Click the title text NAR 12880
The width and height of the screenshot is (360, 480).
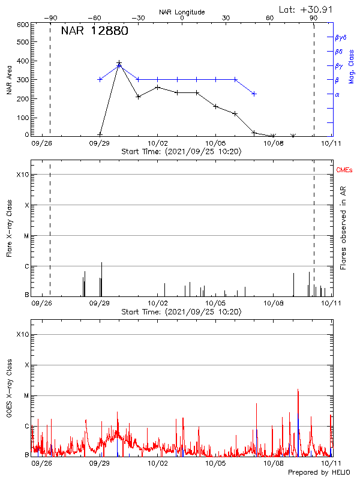point(94,32)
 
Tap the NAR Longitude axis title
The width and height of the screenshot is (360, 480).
point(182,12)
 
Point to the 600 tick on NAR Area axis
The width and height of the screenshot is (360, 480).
point(23,25)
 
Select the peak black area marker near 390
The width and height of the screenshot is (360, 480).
point(119,62)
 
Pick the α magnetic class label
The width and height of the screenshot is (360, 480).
point(337,94)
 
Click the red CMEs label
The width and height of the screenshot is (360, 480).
point(344,170)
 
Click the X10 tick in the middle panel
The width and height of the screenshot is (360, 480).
point(23,175)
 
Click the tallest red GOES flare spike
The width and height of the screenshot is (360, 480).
point(298,390)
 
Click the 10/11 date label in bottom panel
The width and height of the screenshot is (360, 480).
point(331,463)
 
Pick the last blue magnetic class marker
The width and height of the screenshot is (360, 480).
point(254,94)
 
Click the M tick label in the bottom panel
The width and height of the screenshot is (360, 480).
point(26,396)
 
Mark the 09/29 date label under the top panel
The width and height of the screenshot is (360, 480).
point(100,144)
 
